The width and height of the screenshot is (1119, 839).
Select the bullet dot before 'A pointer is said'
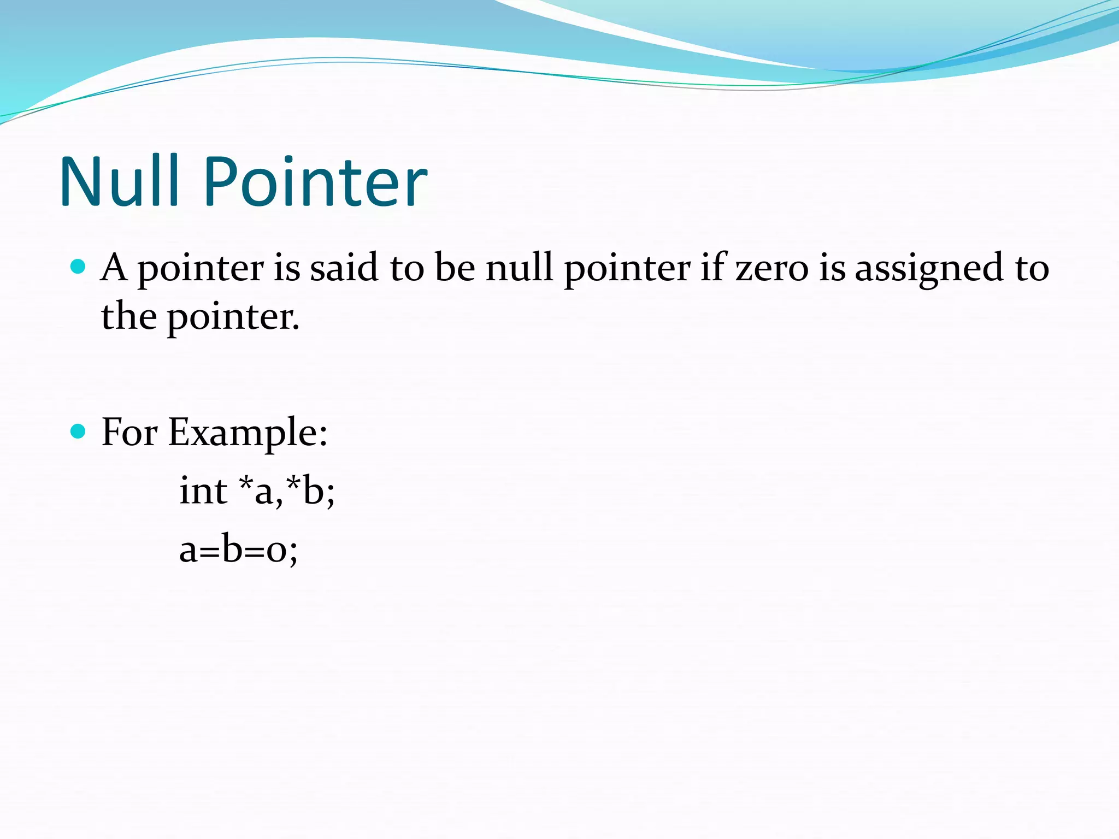(x=79, y=267)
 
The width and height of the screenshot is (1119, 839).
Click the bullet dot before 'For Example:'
(x=79, y=432)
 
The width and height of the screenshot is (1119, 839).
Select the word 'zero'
(x=771, y=269)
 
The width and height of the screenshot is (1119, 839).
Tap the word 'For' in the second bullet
(x=129, y=432)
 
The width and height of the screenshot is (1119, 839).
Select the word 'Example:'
(x=248, y=433)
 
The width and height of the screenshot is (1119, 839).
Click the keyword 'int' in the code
(x=203, y=490)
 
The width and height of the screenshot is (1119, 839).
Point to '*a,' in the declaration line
(x=261, y=490)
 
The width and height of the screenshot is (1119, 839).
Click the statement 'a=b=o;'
(x=238, y=549)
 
